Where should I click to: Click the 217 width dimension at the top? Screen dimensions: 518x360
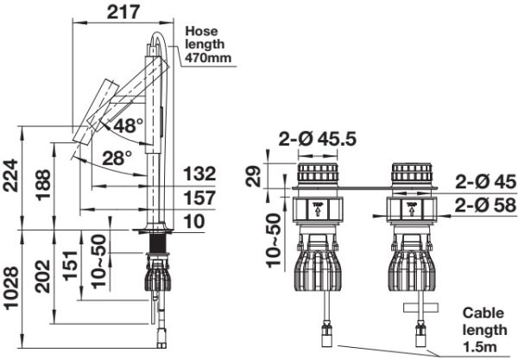[x=123, y=12]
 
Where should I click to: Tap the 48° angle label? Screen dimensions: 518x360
[x=129, y=125]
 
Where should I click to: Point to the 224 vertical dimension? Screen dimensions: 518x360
[x=10, y=175]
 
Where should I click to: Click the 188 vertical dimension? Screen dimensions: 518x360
[x=43, y=185]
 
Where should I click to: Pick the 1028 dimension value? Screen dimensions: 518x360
[x=10, y=288]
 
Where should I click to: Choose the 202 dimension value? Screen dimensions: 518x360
[x=43, y=277]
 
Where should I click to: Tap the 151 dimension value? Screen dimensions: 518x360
[x=71, y=266]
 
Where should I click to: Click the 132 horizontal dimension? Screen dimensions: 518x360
[x=199, y=174]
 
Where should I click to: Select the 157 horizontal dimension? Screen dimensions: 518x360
[x=199, y=198]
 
